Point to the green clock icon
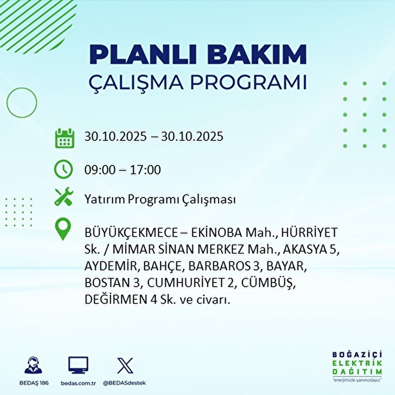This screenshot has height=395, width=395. point(63,170)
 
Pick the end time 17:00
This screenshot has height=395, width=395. point(145,170)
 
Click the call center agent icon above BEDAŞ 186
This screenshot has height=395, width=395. point(34,365)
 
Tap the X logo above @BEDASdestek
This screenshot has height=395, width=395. point(125,365)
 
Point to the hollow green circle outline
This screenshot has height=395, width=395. point(22,102)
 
